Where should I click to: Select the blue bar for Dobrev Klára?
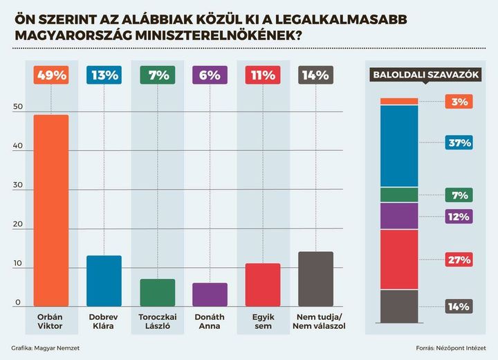click(x=104, y=281)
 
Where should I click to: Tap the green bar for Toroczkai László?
click(x=158, y=293)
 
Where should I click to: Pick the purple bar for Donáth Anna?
click(x=210, y=295)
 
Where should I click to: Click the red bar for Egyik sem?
click(x=262, y=285)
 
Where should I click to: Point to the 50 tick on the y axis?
click(x=18, y=107)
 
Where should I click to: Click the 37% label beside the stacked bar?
click(x=459, y=143)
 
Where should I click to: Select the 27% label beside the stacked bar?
click(x=459, y=260)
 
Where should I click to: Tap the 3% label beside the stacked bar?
click(x=459, y=102)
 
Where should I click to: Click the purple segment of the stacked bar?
click(x=399, y=216)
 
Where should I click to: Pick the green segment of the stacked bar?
click(x=399, y=195)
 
